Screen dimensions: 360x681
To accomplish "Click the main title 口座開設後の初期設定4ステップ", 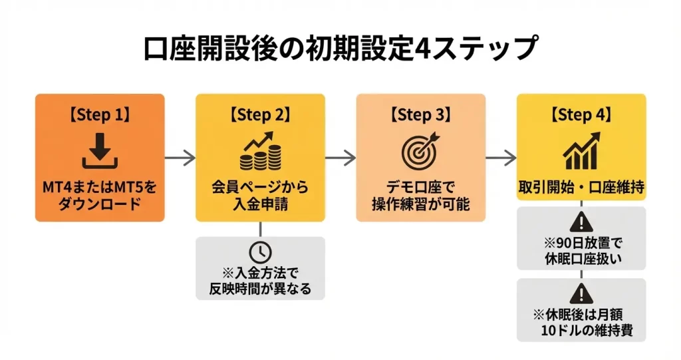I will [340, 49].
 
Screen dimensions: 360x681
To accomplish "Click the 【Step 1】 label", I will [99, 114].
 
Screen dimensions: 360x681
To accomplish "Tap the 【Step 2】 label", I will [260, 114].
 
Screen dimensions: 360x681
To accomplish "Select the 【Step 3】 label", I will [420, 114].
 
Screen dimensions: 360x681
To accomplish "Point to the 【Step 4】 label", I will [581, 114].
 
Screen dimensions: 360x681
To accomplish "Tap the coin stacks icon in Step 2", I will [260, 152].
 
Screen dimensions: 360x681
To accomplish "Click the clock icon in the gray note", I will [260, 252].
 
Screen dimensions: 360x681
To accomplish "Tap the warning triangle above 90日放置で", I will [581, 222].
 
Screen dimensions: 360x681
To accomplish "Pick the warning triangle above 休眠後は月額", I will [581, 293].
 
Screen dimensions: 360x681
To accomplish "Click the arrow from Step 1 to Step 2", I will [180, 158].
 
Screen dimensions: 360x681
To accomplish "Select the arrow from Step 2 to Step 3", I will [340, 158].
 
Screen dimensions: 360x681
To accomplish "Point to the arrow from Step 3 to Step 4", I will [501, 158].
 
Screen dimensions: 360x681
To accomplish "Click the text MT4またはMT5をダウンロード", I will [99, 194].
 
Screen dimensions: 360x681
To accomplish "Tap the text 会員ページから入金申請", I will [260, 194].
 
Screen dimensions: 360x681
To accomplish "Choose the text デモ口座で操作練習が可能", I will [420, 194].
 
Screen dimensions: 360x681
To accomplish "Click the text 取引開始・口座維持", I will [581, 187].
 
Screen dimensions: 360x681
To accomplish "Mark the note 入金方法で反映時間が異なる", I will [260, 281].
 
